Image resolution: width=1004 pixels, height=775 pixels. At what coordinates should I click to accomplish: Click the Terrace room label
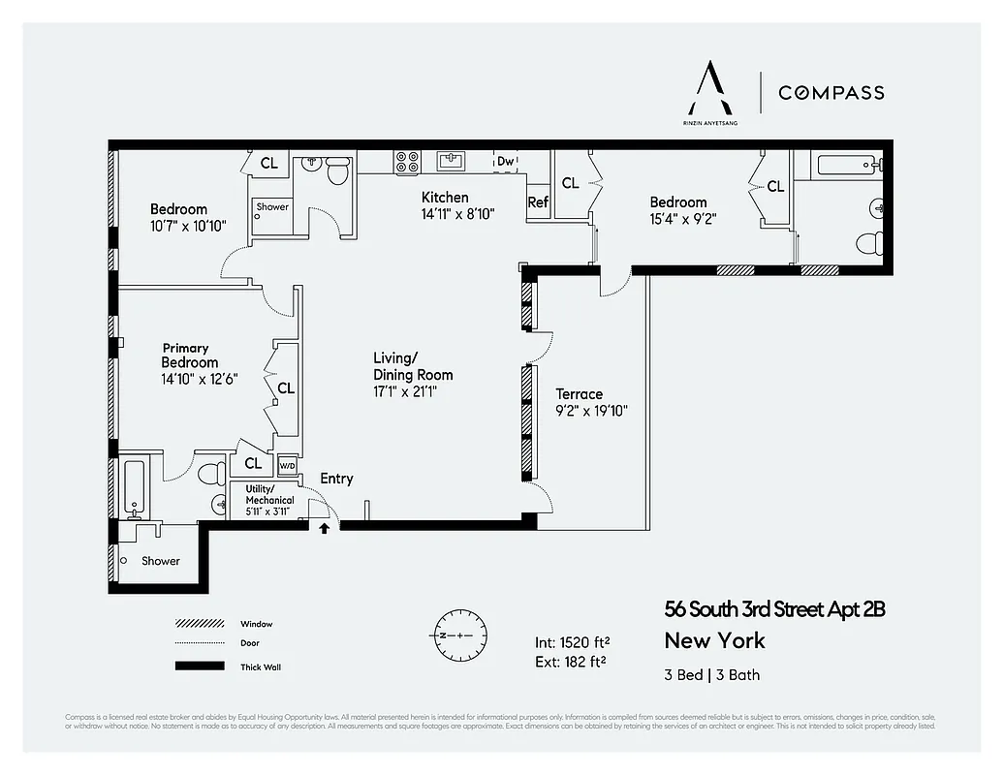tap(579, 394)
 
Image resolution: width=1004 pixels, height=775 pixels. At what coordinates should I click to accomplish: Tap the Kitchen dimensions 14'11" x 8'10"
tap(457, 214)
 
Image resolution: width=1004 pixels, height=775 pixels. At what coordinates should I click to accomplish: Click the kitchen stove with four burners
tap(406, 161)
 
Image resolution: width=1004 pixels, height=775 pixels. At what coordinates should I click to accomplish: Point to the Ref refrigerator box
tap(538, 202)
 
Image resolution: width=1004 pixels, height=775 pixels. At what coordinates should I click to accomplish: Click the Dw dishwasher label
tap(505, 162)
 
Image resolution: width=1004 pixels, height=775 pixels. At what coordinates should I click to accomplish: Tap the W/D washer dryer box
tap(287, 464)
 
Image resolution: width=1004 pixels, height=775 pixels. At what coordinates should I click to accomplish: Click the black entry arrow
tap(324, 528)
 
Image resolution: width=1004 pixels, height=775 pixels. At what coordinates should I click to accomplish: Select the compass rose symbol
tap(453, 634)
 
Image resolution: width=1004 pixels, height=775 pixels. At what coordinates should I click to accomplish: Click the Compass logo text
tap(831, 93)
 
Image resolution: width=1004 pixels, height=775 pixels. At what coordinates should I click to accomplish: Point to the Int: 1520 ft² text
tap(572, 642)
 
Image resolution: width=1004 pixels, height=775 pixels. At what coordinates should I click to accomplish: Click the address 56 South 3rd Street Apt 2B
tap(774, 609)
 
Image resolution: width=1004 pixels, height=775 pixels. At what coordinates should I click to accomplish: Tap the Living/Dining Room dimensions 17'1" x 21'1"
tap(413, 391)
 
